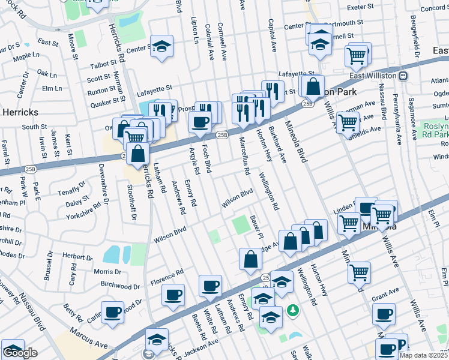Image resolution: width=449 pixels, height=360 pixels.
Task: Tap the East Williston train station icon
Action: click(403, 76)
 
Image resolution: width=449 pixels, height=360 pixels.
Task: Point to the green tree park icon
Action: click(292, 311)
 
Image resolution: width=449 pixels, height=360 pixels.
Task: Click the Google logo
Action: click(20, 353)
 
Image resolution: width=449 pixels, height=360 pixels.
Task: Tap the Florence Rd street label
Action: click(166, 276)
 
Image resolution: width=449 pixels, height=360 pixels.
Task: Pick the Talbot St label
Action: click(101, 64)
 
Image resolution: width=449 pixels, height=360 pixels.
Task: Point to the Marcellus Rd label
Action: click(245, 158)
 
